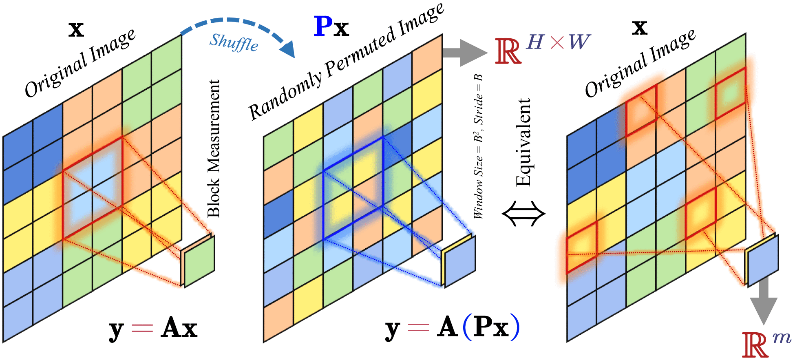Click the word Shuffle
(x=234, y=42)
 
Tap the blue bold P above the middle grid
(x=322, y=27)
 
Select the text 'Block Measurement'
(x=213, y=148)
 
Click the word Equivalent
(x=523, y=142)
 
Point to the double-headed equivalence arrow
(x=523, y=213)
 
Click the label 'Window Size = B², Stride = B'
(x=479, y=147)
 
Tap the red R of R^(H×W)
(x=508, y=51)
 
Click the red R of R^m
(x=755, y=345)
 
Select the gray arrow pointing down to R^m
(x=764, y=302)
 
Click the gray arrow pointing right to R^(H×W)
(x=465, y=53)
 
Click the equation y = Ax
(x=153, y=328)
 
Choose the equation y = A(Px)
(x=453, y=327)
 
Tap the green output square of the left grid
(x=199, y=261)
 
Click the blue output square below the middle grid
(x=460, y=261)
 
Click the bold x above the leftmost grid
(x=76, y=29)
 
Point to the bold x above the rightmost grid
(x=639, y=27)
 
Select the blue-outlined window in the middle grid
(x=353, y=188)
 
